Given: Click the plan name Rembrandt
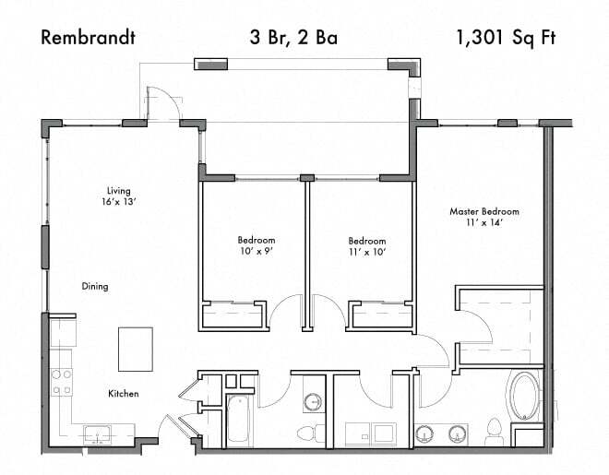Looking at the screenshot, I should click(89, 38).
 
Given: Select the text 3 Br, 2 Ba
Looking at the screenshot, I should click(293, 38).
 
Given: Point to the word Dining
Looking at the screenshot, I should click(94, 286).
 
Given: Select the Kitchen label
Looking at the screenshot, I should click(124, 394).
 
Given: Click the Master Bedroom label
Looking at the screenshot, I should click(484, 211).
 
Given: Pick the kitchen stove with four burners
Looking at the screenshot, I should click(62, 382).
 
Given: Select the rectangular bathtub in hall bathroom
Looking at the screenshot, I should click(239, 420).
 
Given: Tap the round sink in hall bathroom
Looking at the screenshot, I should click(313, 401).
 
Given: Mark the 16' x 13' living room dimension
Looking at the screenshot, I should click(120, 200).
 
